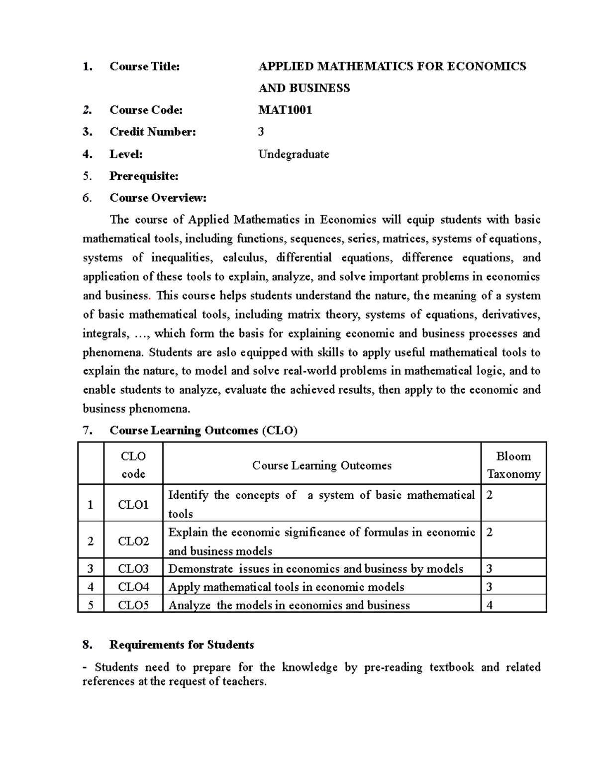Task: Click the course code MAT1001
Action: coord(285,110)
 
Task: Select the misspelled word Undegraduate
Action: coord(294,154)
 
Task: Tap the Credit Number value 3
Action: coord(261,132)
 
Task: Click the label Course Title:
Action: coord(144,66)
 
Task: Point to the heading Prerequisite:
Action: coord(144,176)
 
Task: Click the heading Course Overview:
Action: coord(158,198)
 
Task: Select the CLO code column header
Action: coord(133,465)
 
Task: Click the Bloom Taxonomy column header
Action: coord(513,465)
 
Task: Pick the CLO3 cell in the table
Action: coord(133,569)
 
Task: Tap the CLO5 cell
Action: coord(133,605)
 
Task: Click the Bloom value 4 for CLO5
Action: coord(489,605)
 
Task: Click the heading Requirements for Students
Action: coord(182,645)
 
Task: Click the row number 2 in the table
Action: coord(90,542)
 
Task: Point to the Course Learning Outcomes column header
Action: coord(321,465)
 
